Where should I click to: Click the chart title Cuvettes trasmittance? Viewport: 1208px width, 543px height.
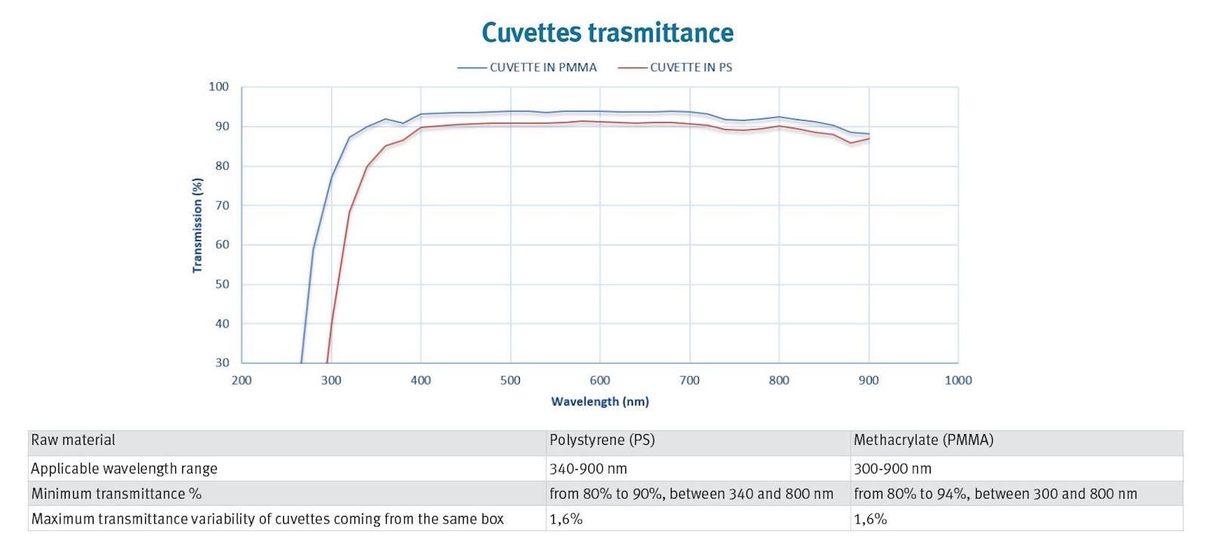tap(607, 32)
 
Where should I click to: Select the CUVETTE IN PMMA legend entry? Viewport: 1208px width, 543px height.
tap(542, 67)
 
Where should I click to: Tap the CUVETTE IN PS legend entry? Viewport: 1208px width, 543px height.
tap(691, 67)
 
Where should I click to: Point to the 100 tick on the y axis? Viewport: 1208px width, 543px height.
tap(218, 87)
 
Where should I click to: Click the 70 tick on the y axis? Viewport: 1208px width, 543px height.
tap(222, 205)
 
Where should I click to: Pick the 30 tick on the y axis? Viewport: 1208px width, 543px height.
tap(222, 363)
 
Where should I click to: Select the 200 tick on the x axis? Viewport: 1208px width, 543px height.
tap(242, 380)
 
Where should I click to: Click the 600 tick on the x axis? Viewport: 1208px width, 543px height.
tap(600, 380)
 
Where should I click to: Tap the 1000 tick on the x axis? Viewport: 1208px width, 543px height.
tap(958, 380)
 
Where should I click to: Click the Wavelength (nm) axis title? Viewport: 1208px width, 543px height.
tap(600, 401)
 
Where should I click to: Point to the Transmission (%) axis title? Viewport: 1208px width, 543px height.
tap(198, 225)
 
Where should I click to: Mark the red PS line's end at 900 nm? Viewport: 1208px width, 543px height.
tap(869, 138)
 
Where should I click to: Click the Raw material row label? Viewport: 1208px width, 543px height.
tap(73, 440)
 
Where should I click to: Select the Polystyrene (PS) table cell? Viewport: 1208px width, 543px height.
tap(602, 440)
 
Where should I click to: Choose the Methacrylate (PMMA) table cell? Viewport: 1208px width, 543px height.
tap(923, 440)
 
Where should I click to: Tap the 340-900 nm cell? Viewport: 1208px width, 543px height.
tap(589, 468)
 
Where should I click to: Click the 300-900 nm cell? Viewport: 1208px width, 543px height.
tap(892, 468)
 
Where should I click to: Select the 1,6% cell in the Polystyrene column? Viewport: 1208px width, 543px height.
tap(566, 519)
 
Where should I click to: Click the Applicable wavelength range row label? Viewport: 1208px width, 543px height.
tap(124, 468)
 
